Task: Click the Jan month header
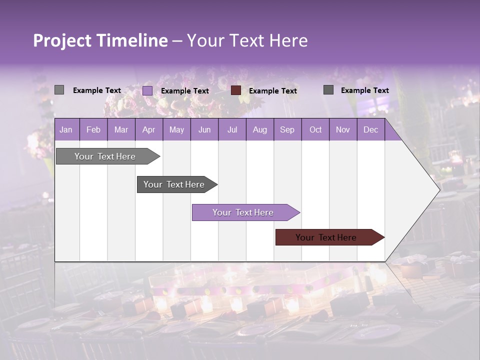pyautogui.click(x=66, y=129)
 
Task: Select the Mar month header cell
pyautogui.click(x=121, y=129)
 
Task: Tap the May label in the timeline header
pyautogui.click(x=176, y=129)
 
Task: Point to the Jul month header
pyautogui.click(x=232, y=129)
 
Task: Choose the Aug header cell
pyautogui.click(x=259, y=129)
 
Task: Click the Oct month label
pyautogui.click(x=315, y=129)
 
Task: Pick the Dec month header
pyautogui.click(x=370, y=129)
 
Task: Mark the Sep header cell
pyautogui.click(x=287, y=129)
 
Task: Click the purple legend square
pyautogui.click(x=147, y=90)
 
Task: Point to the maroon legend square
pyautogui.click(x=236, y=90)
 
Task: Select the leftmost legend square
pyautogui.click(x=59, y=90)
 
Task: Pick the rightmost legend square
pyautogui.click(x=328, y=90)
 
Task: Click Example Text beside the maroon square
pyautogui.click(x=273, y=91)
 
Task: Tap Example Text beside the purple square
pyautogui.click(x=185, y=91)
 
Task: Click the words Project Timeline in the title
pyautogui.click(x=100, y=40)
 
